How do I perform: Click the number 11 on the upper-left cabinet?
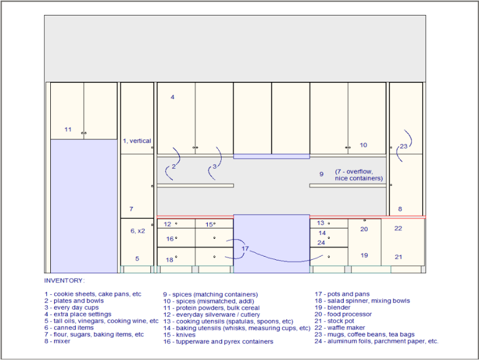(68, 129)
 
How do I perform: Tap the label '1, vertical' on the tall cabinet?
(136, 141)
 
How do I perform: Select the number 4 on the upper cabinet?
(172, 97)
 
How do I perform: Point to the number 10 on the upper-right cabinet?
(363, 145)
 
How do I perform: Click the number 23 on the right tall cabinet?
(404, 146)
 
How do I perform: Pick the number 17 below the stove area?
(245, 249)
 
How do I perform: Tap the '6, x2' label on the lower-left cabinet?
(138, 231)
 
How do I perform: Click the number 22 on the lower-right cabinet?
(398, 228)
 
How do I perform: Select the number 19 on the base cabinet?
(364, 255)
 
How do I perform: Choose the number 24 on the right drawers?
(321, 243)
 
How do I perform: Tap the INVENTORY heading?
(65, 280)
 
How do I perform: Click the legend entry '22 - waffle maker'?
(340, 328)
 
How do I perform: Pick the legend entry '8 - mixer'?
(57, 341)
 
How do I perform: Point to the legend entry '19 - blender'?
(333, 307)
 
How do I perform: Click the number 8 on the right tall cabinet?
(400, 209)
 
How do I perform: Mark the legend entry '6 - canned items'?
(69, 328)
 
